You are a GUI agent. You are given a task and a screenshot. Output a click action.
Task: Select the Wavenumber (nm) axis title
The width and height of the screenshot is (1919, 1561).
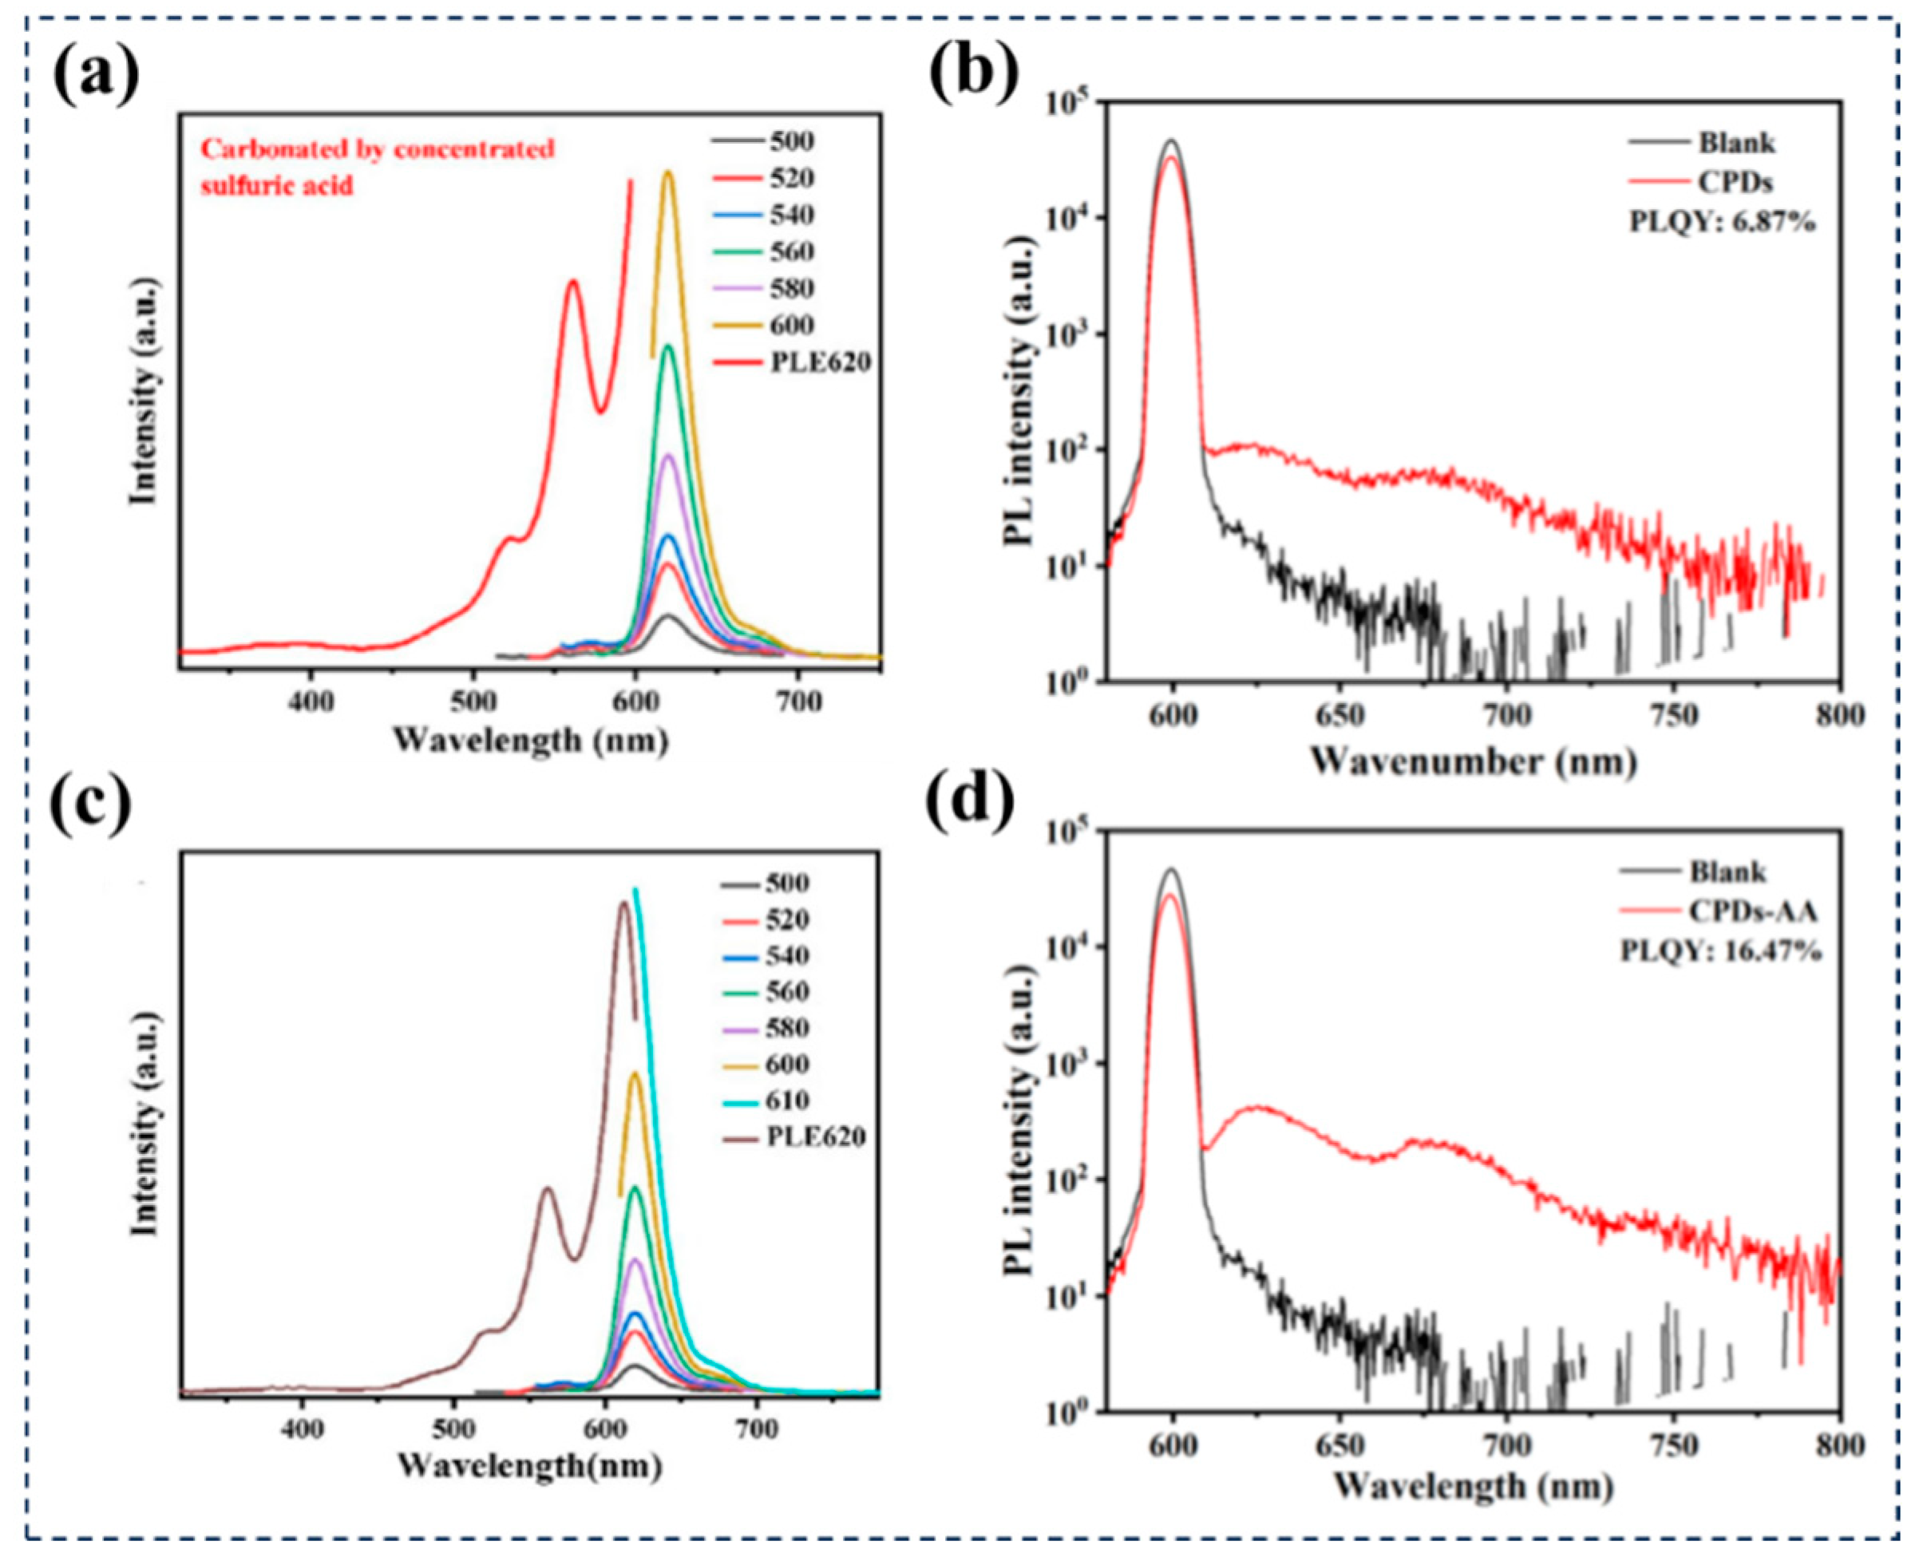click(1472, 761)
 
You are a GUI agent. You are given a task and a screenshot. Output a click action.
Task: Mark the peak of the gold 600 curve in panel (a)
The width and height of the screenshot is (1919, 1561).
click(667, 172)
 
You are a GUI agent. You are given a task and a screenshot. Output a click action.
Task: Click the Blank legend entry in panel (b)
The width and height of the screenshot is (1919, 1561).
click(1736, 142)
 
